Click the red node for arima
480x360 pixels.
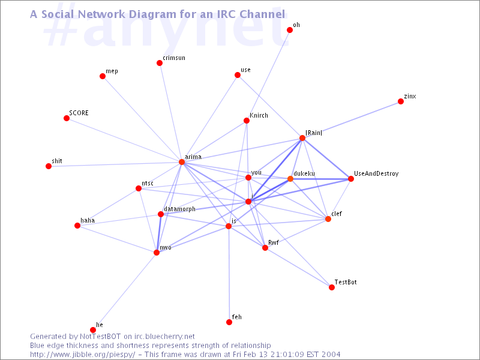coord(182,162)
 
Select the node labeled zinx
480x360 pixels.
coord(401,101)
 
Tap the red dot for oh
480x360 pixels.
coord(290,30)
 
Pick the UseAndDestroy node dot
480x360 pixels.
coord(351,179)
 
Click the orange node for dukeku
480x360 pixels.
coord(290,179)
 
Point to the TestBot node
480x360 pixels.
coord(332,287)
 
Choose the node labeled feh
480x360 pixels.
coord(229,322)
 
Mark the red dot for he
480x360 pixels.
coord(93,330)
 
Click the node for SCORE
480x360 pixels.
coord(67,118)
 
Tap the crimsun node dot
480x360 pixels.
coord(160,63)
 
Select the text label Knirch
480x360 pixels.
coord(259,115)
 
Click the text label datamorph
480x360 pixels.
coord(179,209)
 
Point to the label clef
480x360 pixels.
coord(337,214)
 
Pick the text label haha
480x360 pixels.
coord(88,220)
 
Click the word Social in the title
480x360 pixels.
coord(58,14)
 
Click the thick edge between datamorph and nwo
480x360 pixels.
coord(158,233)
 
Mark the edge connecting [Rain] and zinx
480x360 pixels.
coord(352,119)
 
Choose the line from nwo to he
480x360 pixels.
coord(125,292)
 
